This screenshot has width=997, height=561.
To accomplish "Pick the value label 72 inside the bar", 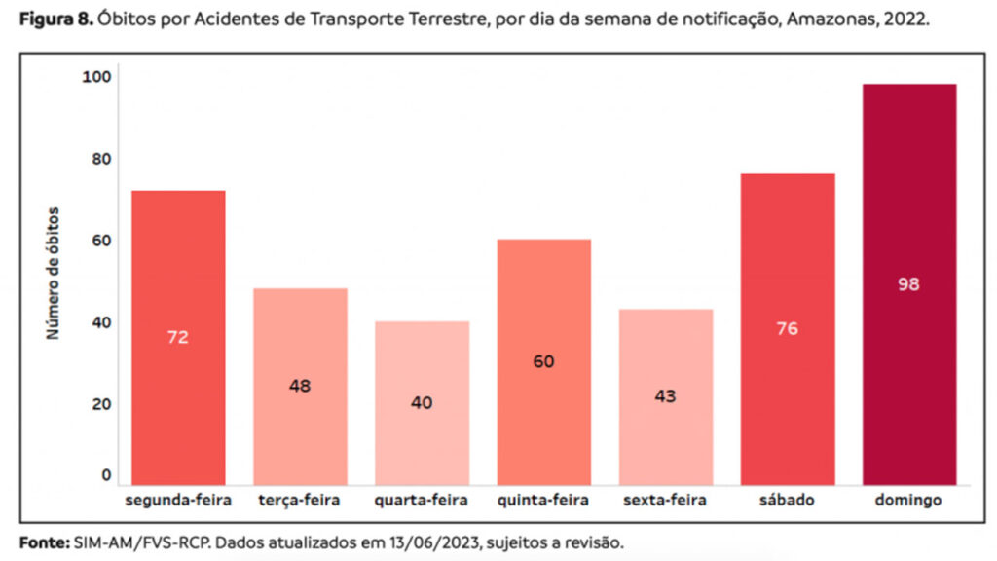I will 178,338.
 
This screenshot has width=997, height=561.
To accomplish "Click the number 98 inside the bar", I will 909,284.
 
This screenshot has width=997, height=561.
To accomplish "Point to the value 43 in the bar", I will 665,396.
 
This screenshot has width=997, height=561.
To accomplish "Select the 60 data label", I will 543,361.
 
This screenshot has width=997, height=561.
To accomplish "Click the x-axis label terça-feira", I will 300,501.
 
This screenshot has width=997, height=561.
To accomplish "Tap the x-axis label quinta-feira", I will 543,501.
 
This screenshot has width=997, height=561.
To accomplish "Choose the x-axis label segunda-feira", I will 178,501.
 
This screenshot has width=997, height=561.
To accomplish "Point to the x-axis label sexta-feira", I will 665,501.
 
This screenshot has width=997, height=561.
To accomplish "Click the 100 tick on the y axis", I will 101,77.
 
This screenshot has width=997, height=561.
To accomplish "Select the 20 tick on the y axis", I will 103,404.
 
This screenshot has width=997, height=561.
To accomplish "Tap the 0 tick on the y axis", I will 107,476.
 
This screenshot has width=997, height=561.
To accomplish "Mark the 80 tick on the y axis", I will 103,159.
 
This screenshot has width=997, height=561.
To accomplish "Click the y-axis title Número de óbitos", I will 55,273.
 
